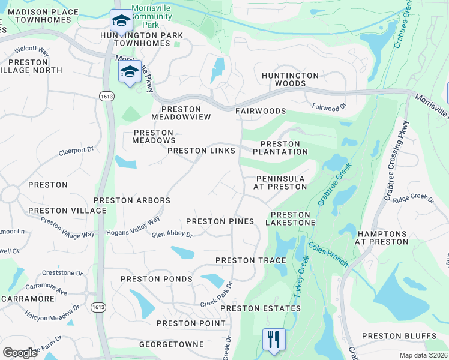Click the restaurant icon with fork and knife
274,339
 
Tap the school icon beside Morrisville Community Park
121,21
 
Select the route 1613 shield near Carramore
98,307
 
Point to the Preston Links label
201,151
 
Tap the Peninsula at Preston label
281,183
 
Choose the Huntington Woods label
290,79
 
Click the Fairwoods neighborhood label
260,112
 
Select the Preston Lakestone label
292,219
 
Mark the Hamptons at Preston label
382,238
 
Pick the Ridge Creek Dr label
413,198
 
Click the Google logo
20,353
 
